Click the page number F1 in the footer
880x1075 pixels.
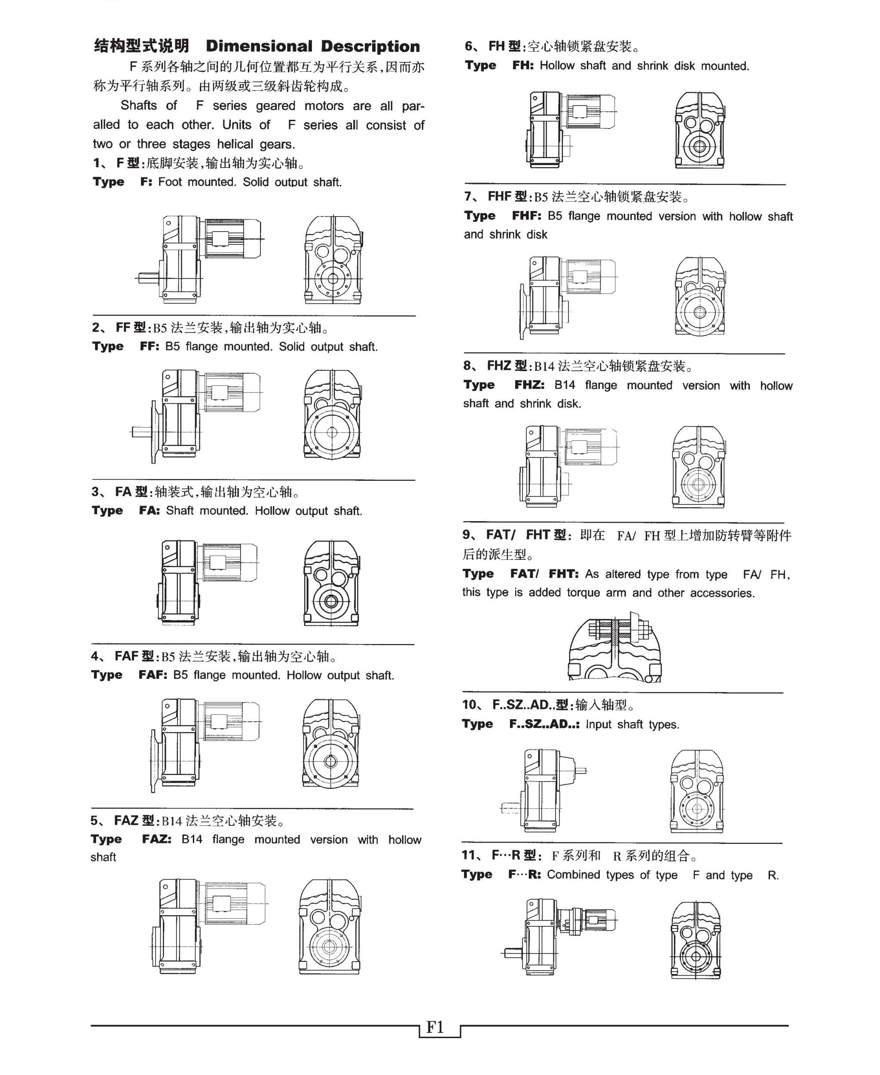435,1027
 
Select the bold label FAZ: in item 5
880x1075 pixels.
156,839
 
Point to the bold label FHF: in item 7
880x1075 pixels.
526,216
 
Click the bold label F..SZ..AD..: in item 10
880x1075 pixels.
544,724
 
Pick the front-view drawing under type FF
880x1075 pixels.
332,415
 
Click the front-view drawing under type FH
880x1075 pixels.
700,130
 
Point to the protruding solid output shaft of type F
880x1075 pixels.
147,278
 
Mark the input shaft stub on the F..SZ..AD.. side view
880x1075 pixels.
581,771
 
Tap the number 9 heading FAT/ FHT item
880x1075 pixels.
466,535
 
